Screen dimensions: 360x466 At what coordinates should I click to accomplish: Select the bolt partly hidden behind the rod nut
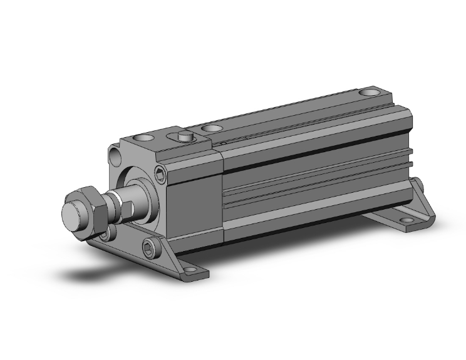tap(105, 234)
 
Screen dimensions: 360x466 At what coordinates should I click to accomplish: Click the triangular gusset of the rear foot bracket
tap(423, 203)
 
